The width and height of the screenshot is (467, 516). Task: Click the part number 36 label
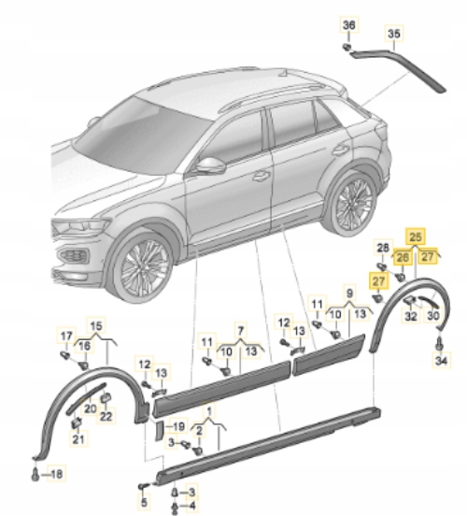click(349, 23)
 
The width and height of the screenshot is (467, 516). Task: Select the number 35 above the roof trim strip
click(394, 36)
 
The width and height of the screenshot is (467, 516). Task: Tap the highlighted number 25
click(416, 238)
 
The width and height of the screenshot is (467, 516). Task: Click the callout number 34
click(442, 361)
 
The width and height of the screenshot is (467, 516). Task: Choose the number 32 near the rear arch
click(410, 316)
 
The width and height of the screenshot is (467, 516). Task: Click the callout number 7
click(239, 331)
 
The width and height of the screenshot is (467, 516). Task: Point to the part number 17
click(65, 336)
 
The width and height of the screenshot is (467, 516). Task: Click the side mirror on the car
click(212, 165)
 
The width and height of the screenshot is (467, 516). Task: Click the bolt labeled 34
click(440, 343)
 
